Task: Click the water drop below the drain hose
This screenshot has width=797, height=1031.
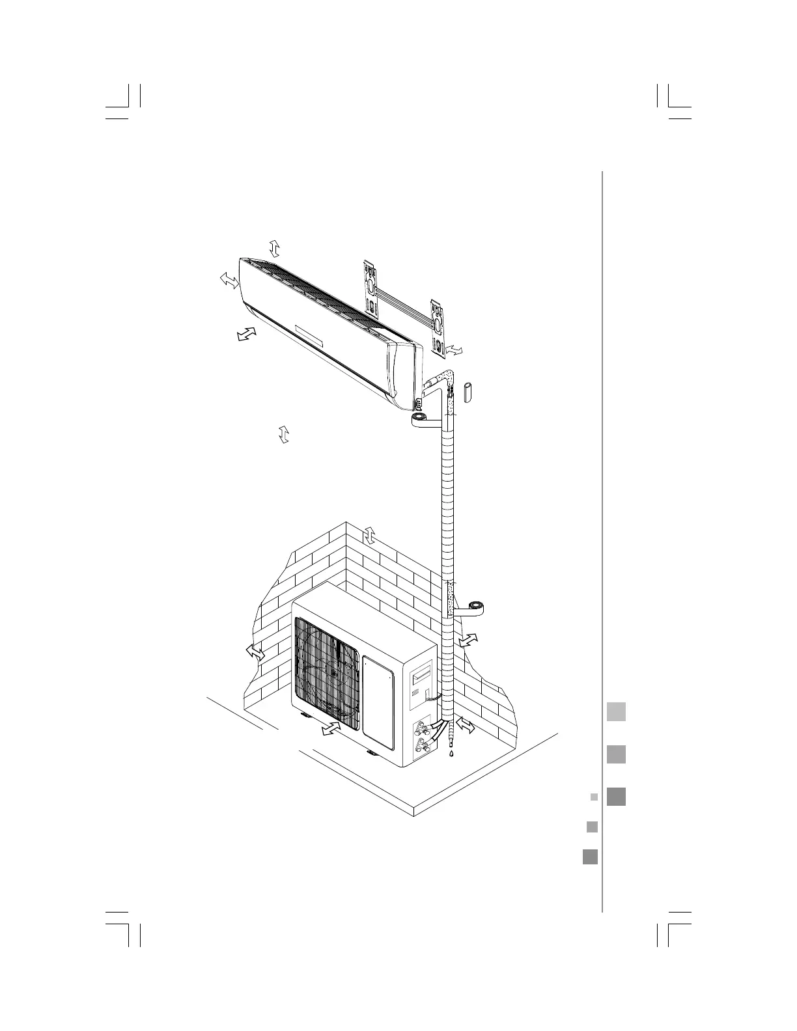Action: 449,756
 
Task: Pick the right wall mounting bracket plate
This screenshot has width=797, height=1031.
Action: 438,329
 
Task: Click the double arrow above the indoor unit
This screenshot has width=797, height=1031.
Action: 275,248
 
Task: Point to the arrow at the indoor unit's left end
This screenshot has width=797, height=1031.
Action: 228,281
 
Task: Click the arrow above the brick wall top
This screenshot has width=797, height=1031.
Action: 370,535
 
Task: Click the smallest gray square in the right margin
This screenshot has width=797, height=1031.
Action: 593,796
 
